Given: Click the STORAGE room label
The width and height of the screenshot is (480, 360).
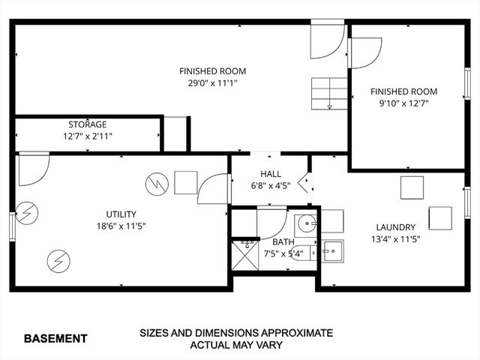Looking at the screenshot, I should (88, 124).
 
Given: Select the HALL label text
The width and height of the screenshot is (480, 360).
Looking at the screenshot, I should (271, 174).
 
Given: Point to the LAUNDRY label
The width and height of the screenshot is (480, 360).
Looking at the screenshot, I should (396, 227).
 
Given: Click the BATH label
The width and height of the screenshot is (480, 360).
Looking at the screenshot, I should (283, 242).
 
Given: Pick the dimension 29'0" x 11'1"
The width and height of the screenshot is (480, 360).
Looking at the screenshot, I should (212, 83).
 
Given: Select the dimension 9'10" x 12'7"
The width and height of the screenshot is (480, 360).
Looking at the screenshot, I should (403, 103).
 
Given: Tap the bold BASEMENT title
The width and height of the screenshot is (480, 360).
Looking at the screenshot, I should (55, 338).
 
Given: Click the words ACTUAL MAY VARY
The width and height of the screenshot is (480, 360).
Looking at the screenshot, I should (235, 345).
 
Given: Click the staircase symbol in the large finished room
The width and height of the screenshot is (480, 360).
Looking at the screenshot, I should (329, 94).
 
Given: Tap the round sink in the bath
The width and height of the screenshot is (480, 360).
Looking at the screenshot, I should (305, 223).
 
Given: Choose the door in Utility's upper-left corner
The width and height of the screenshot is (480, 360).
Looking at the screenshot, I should (33, 169).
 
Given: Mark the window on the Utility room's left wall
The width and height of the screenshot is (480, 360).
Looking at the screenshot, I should (13, 226).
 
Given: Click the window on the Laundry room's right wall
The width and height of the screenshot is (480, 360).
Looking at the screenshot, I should (466, 202).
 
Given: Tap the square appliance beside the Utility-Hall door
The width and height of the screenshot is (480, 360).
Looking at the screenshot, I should (185, 182).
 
